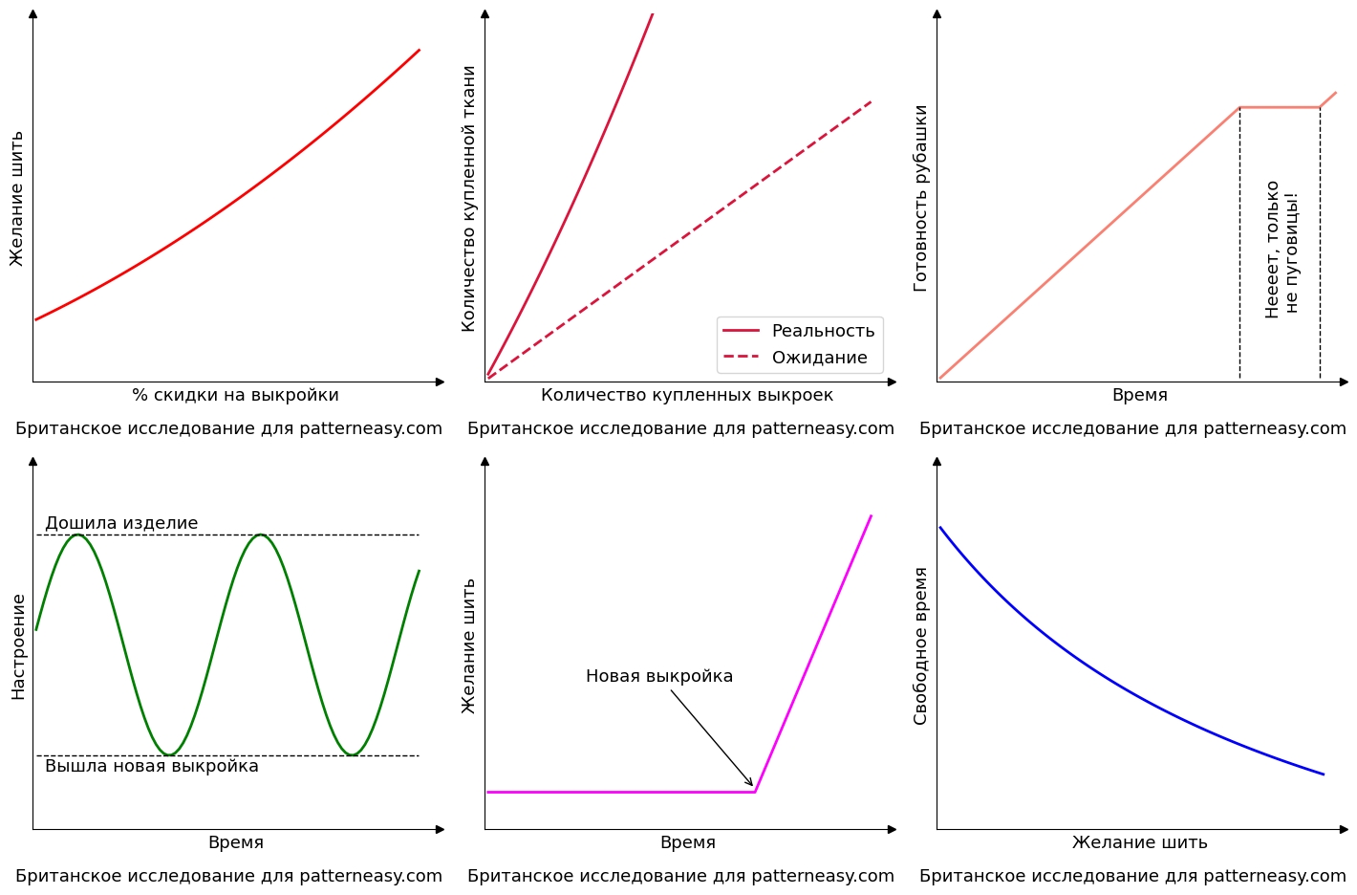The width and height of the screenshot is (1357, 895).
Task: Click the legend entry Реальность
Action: [822, 331]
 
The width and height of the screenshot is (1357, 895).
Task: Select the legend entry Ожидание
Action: [819, 358]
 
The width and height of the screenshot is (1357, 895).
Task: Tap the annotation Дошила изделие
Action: [121, 523]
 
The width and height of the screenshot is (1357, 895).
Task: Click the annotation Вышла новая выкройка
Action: [152, 766]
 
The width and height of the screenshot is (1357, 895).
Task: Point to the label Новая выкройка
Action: [659, 676]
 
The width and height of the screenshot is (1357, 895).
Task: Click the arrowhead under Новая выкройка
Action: [751, 784]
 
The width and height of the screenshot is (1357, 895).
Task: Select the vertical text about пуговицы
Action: [1282, 249]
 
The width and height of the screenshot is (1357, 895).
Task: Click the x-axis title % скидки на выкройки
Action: [235, 395]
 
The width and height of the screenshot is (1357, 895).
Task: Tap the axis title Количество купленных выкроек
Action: [686, 395]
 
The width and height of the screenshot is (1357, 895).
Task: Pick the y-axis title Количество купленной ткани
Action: [468, 198]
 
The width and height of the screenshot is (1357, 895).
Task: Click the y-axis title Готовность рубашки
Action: [920, 198]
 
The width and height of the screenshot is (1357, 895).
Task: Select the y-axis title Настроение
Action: [18, 646]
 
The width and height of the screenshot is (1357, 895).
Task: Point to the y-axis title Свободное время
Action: [920, 646]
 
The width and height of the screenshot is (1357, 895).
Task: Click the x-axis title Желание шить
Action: [1139, 842]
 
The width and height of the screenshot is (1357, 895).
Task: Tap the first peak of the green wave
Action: [77, 535]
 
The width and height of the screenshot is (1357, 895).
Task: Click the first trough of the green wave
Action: [169, 755]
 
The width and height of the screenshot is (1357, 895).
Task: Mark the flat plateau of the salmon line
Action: [1280, 107]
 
